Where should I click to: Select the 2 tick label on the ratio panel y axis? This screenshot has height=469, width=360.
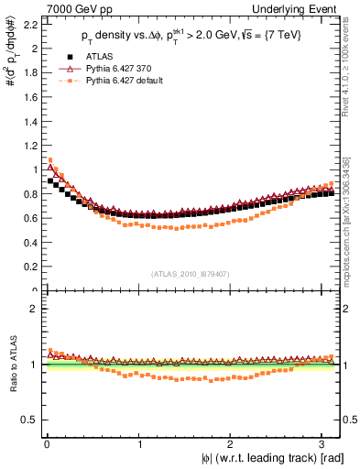32,309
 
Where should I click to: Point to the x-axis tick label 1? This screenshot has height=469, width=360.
138,443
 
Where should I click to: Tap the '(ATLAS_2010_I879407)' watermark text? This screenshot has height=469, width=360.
191,272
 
